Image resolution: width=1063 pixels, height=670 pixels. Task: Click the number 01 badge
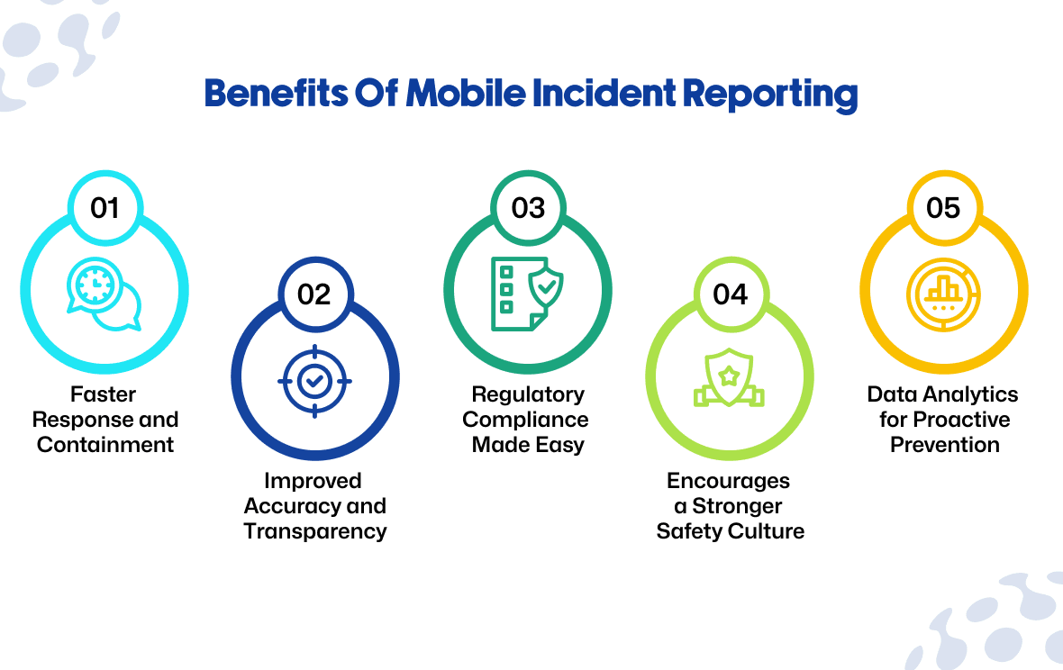point(104,208)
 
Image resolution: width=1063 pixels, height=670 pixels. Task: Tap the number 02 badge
point(314,294)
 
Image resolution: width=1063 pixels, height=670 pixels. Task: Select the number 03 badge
point(528,208)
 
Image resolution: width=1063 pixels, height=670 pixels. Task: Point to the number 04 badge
point(730,294)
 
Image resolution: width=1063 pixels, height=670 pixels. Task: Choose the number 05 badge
point(943,208)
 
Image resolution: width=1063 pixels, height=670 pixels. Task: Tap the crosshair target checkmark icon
point(314,381)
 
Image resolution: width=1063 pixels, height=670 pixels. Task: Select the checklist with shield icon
point(528,294)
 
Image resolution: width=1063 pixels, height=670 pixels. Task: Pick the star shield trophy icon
point(729,377)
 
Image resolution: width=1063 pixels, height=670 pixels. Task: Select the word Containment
point(105,445)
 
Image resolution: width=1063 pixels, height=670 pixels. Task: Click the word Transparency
point(315,531)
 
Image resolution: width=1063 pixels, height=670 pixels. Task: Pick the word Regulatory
point(528,394)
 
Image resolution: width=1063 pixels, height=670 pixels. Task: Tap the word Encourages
point(729,481)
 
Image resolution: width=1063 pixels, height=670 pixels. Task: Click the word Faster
point(104,394)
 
